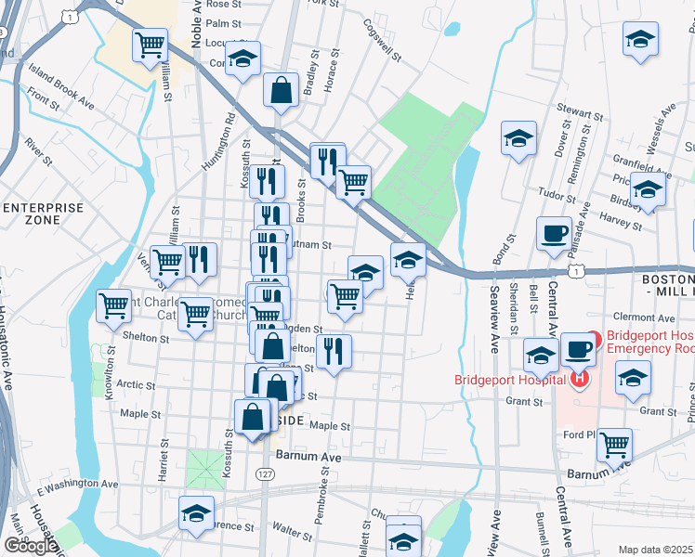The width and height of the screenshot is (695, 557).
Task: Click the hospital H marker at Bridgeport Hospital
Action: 580,379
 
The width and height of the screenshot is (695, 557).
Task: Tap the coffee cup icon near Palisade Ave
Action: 554,233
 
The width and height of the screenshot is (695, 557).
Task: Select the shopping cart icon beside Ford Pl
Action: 614,445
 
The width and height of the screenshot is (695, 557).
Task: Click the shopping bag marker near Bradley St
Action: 280,90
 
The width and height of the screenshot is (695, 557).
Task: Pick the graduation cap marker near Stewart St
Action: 519,139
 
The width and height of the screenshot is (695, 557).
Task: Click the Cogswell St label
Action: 382,41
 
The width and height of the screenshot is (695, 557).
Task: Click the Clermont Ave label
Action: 650,317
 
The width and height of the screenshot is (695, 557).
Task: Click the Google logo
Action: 30,546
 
